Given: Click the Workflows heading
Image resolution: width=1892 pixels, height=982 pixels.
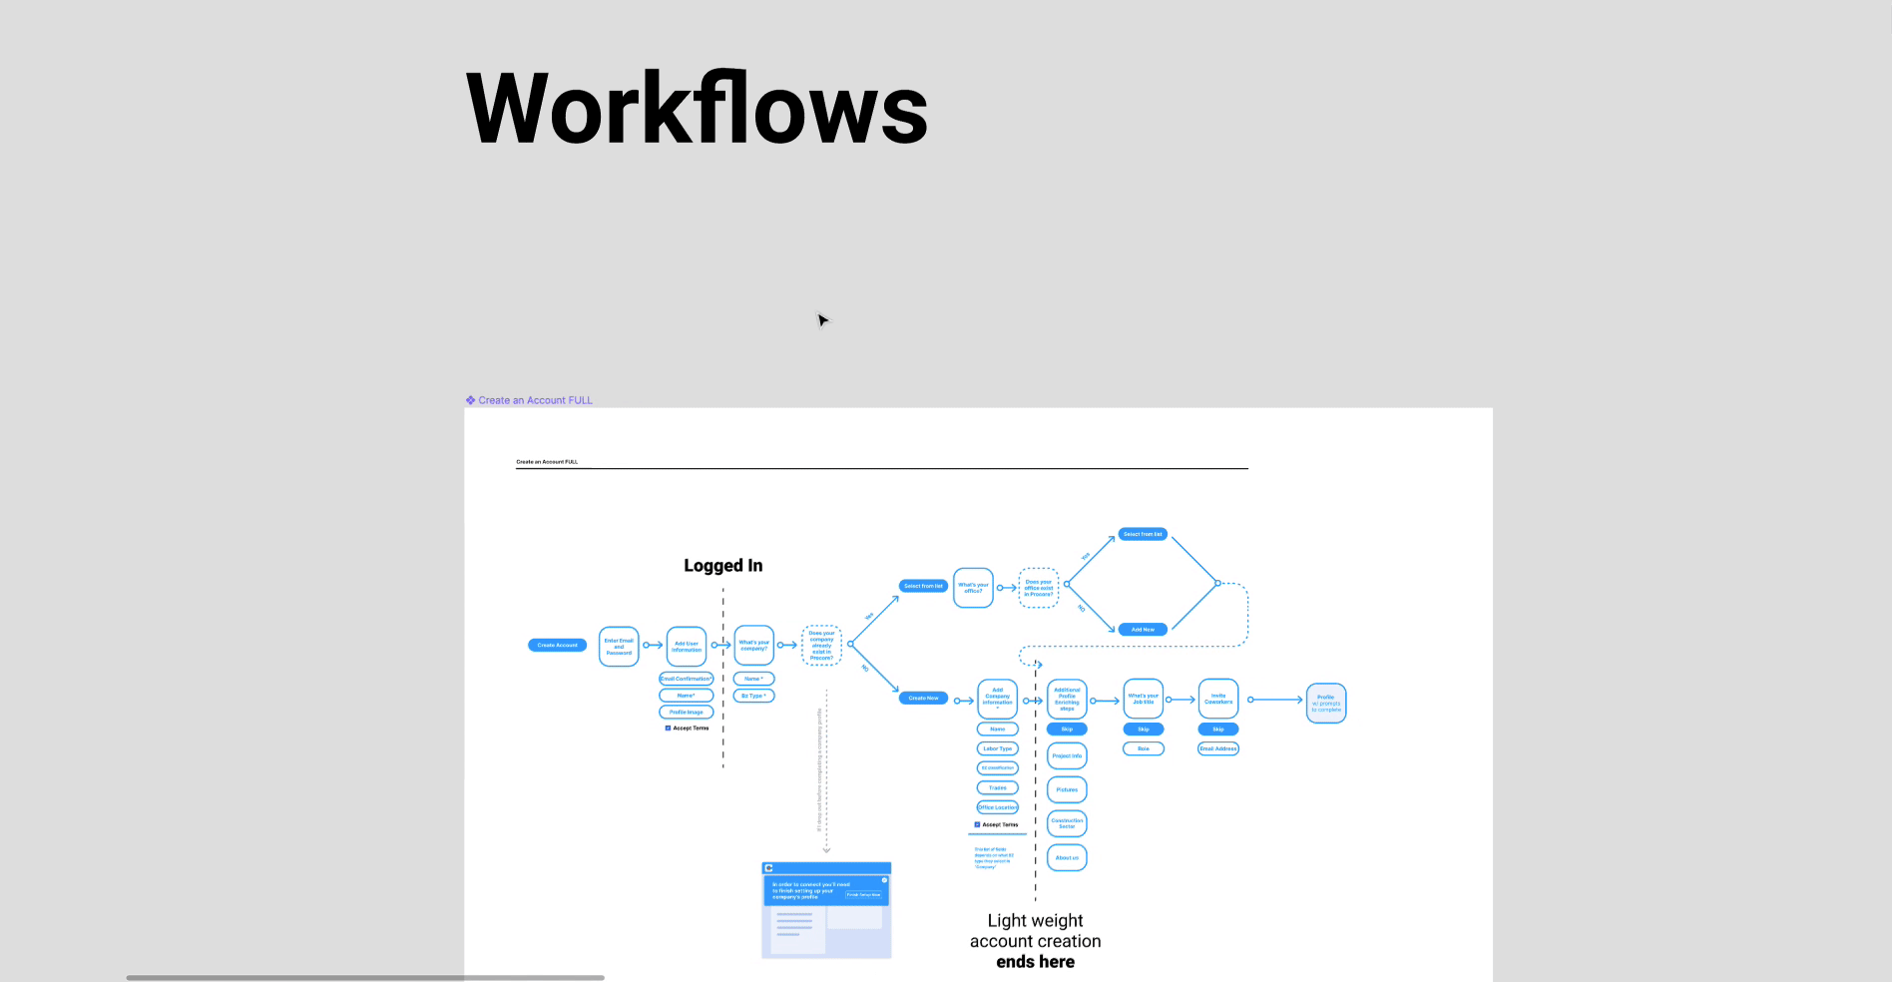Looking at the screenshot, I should tap(697, 108).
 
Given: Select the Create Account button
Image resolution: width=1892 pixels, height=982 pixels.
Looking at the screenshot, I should tap(557, 646).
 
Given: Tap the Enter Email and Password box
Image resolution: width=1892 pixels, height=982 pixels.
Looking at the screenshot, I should tap(619, 647).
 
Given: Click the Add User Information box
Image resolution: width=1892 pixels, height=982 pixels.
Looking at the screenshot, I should tap(686, 647).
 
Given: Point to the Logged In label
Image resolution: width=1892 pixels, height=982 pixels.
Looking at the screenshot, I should tap(722, 566).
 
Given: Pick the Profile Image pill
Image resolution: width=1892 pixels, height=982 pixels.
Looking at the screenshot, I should tap(686, 713).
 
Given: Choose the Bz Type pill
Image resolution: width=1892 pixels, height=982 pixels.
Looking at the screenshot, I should tap(753, 696).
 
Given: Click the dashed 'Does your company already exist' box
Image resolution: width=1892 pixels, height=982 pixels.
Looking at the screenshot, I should tap(821, 646).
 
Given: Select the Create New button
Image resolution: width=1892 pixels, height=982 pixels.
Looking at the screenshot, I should tap(923, 699).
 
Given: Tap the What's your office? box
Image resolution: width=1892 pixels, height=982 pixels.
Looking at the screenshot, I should tap(973, 588).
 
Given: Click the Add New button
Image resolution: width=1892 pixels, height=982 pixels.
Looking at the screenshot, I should tap(1143, 630).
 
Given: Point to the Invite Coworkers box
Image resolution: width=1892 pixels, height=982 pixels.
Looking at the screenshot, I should tap(1217, 700).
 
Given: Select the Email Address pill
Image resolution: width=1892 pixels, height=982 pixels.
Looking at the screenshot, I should tap(1217, 748).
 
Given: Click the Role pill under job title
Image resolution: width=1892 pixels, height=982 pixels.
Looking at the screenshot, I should tap(1143, 748).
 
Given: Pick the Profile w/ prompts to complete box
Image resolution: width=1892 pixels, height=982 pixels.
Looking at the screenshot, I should tap(1325, 703).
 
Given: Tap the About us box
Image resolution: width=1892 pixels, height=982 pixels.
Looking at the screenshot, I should tap(1067, 858).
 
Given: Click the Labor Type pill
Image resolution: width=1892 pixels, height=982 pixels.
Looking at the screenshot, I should tap(997, 748).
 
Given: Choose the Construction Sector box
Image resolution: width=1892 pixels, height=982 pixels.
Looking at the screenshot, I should tap(1067, 823).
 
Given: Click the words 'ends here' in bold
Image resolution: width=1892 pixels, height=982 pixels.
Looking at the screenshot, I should tap(1035, 962).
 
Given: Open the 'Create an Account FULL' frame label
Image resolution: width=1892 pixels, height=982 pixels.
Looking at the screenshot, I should tap(535, 400).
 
